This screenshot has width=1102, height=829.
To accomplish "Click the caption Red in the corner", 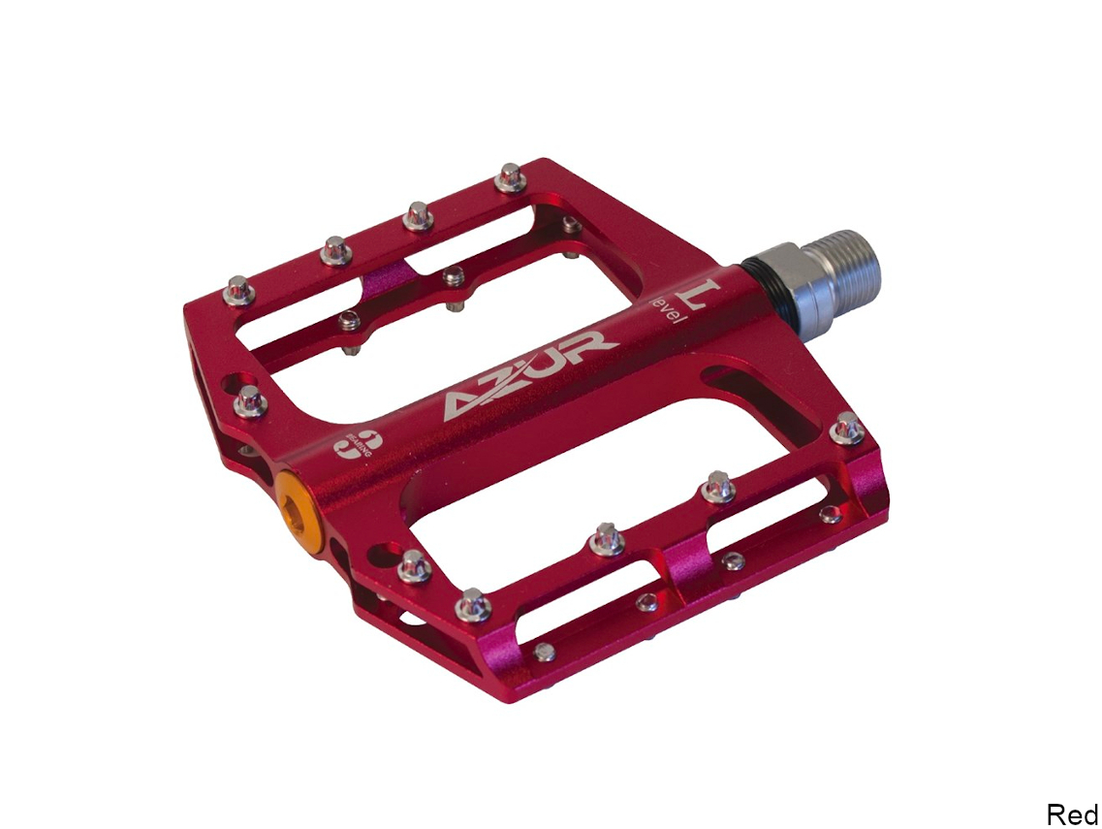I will [1071, 813].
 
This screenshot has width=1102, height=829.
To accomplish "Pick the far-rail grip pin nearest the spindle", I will [510, 178].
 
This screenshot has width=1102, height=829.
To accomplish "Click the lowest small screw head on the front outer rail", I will [546, 652].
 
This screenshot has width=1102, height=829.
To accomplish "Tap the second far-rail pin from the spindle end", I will [419, 215].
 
